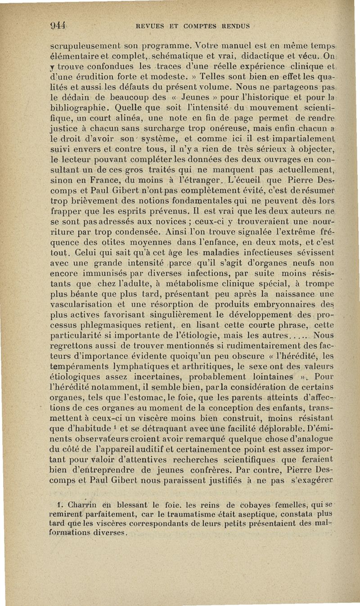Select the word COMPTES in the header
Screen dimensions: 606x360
click(193, 26)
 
